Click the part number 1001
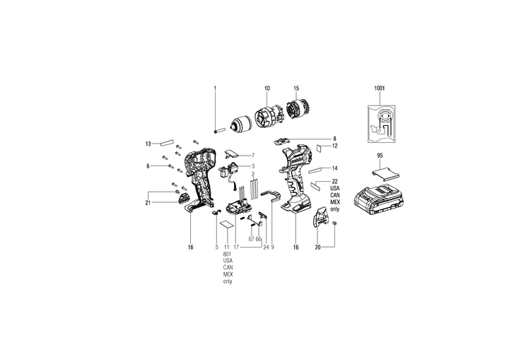[380, 88]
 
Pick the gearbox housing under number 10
[268, 116]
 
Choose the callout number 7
[252, 154]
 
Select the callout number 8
[334, 139]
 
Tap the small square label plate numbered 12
[320, 149]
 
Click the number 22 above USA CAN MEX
[334, 181]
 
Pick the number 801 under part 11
[227, 253]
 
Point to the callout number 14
[334, 168]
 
